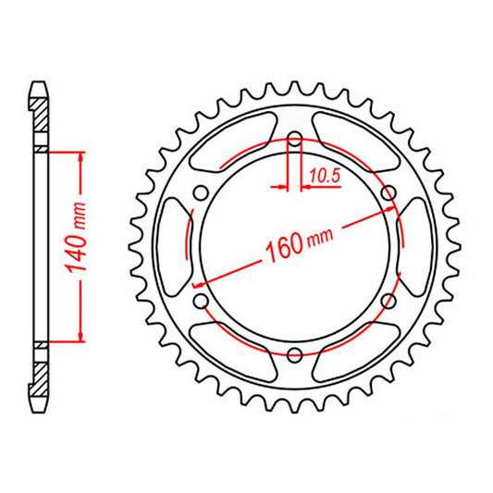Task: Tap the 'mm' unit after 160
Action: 319,238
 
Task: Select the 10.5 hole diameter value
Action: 321,173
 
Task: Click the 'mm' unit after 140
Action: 79,216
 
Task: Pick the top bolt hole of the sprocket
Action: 294,141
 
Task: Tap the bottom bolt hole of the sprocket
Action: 294,353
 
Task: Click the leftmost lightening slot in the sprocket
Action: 173,247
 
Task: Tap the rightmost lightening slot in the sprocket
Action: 415,247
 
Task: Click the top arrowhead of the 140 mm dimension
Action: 81,157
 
